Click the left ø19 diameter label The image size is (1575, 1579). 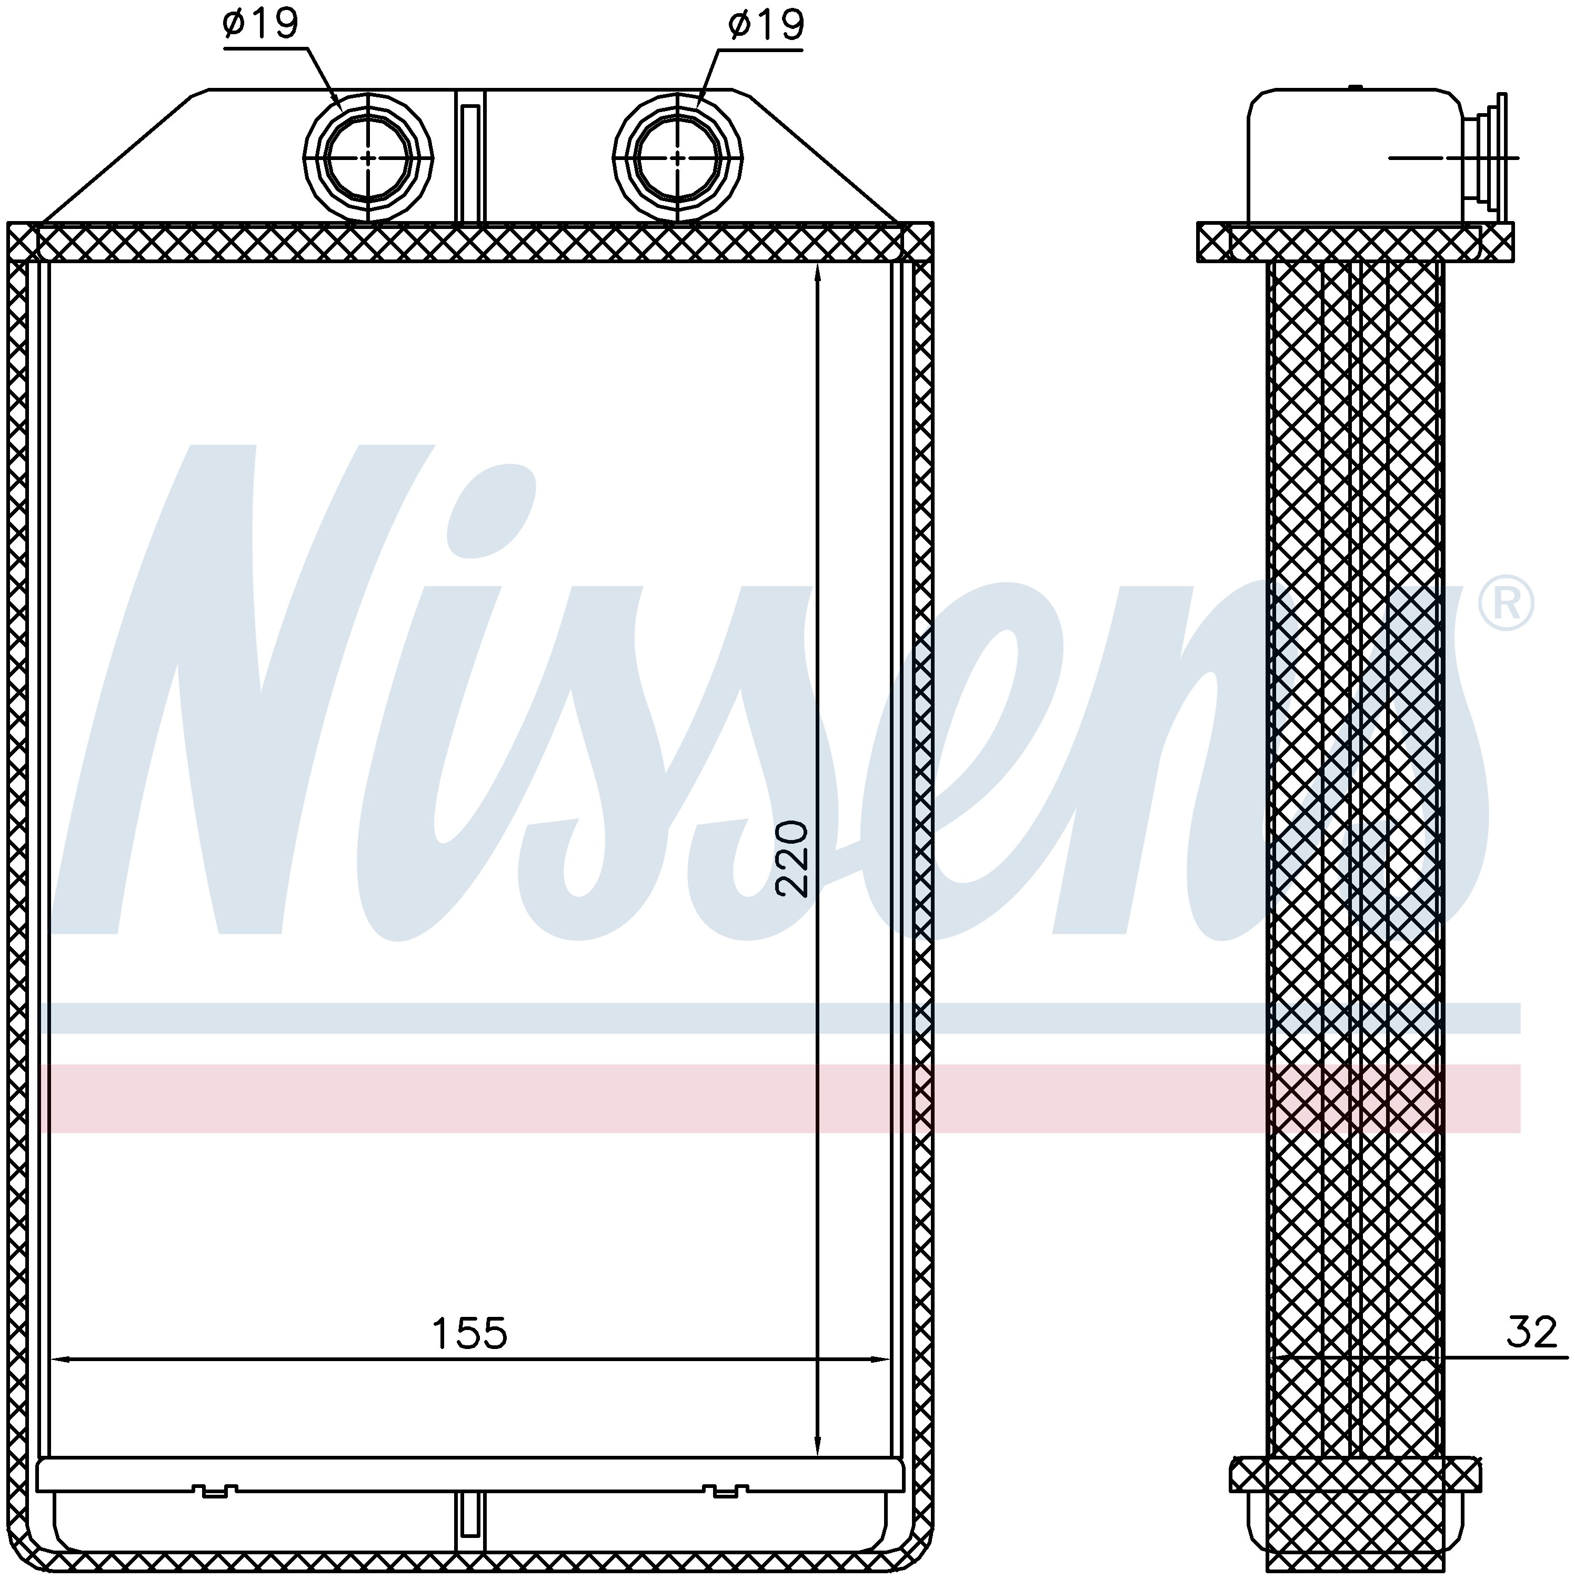(x=260, y=25)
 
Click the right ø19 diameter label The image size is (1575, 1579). (x=766, y=25)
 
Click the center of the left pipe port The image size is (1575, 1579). (x=368, y=157)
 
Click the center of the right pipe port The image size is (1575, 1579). (x=678, y=157)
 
